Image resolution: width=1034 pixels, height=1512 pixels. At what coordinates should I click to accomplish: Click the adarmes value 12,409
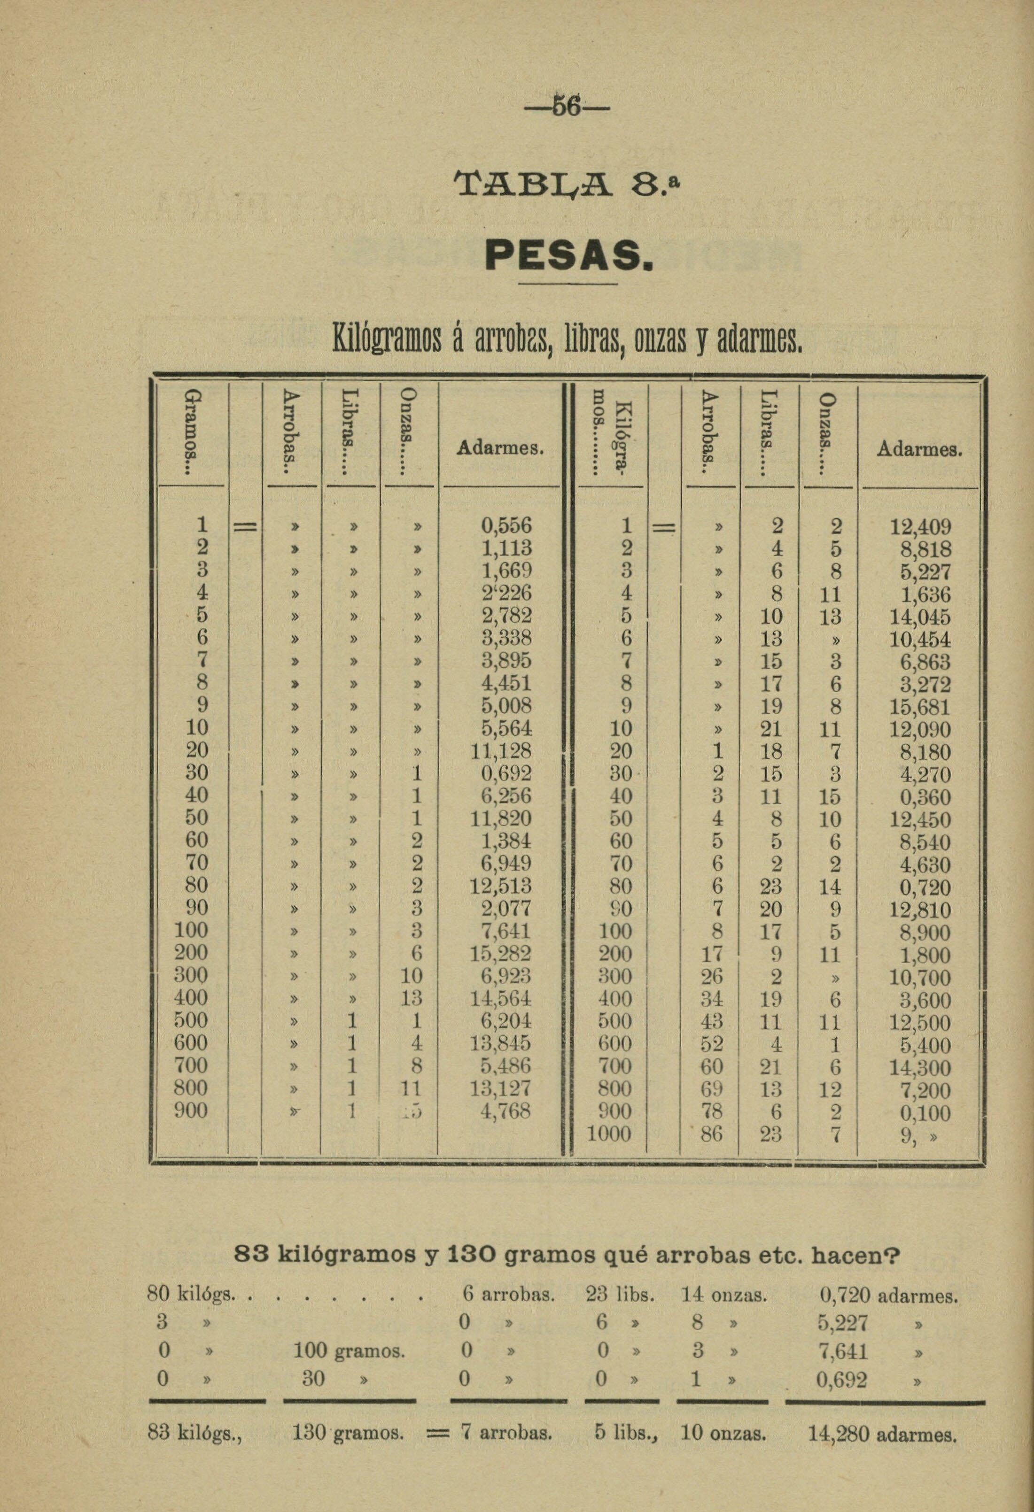point(920,527)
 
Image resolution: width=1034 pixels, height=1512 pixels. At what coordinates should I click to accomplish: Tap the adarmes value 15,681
point(920,707)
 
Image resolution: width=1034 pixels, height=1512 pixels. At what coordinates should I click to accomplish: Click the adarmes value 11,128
point(501,751)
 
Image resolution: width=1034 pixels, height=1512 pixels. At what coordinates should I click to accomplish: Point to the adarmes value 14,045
point(920,617)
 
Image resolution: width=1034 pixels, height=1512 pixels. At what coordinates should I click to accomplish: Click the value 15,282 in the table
point(501,953)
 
